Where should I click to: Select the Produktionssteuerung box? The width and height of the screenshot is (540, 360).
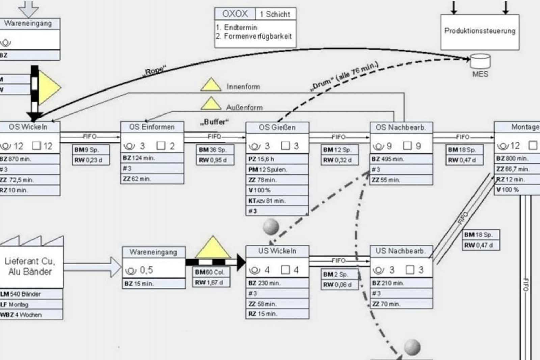click(x=480, y=32)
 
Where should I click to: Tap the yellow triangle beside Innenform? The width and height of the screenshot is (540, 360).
click(x=211, y=85)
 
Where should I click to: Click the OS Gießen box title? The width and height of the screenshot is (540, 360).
click(x=277, y=127)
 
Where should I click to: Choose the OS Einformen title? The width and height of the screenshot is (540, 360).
click(x=152, y=127)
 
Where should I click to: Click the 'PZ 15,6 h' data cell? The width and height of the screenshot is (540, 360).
click(x=277, y=159)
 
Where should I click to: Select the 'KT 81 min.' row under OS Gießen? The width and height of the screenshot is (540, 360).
click(x=277, y=201)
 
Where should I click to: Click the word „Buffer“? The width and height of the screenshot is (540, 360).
click(x=215, y=122)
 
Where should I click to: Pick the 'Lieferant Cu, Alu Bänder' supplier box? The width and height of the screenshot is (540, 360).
click(x=30, y=267)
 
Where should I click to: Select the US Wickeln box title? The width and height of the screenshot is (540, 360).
click(x=277, y=251)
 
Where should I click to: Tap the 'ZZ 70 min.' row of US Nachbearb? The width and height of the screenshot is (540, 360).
click(x=401, y=304)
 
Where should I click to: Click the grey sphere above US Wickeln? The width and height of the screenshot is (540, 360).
click(x=271, y=227)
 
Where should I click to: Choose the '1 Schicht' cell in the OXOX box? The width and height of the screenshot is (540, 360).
click(x=275, y=14)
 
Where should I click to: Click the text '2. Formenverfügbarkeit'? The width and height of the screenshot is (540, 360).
click(x=254, y=36)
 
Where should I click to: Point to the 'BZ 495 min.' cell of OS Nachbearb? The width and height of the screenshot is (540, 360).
click(x=401, y=159)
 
